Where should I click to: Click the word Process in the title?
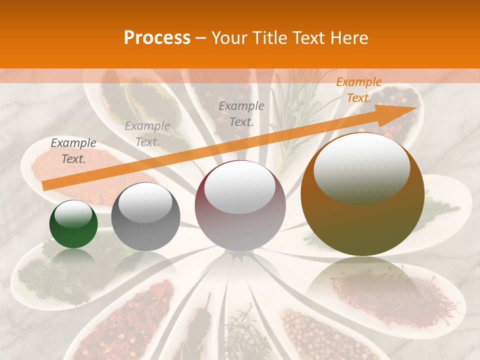coord(157,38)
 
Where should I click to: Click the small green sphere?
coord(73,224)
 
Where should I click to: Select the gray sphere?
coord(145,216)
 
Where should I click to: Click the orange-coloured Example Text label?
coord(358,90)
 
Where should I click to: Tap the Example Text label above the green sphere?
coord(73,151)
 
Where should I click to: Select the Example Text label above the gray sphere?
coord(147,134)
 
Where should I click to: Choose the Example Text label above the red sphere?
coord(241,113)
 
